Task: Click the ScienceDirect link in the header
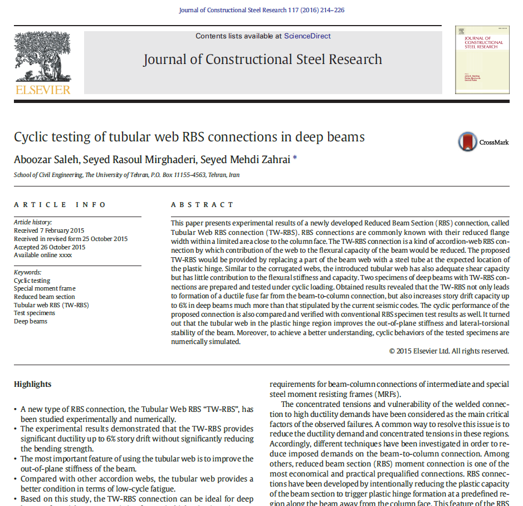(307, 36)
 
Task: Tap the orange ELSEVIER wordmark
(43, 90)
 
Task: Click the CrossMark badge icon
(468, 142)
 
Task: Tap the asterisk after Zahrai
(295, 158)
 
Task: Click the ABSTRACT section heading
(203, 205)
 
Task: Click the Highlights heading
(32, 384)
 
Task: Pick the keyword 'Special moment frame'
(45, 289)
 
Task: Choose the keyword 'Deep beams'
(31, 321)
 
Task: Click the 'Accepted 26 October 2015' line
(50, 247)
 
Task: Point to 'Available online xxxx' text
(43, 256)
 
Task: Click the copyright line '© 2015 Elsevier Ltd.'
(448, 351)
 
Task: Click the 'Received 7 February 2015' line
(50, 230)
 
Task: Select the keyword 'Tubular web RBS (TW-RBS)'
(51, 305)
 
